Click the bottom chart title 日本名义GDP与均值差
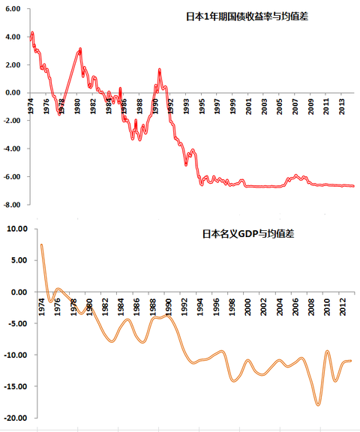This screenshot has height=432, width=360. (x=247, y=234)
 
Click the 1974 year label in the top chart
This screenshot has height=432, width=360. (x=31, y=105)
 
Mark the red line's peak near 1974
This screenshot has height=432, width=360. (x=32, y=33)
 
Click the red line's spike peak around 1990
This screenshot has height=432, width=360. (x=160, y=70)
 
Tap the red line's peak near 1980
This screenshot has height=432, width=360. (x=80, y=49)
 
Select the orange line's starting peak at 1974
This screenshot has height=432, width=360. (x=41, y=244)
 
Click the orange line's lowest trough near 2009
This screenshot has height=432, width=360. (x=318, y=404)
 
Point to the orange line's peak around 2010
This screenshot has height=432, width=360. (x=327, y=351)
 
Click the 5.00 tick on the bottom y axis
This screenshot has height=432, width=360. (x=16, y=261)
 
